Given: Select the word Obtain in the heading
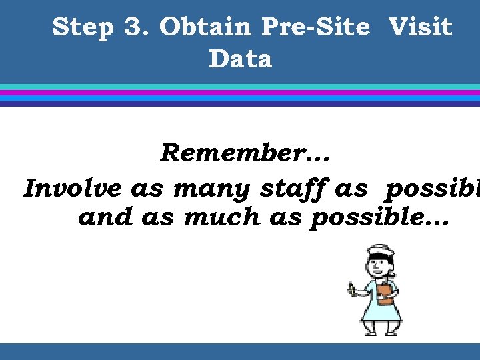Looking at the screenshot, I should pos(206,28).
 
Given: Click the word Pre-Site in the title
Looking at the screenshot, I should pos(315,28).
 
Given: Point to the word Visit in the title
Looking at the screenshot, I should pos(420,28).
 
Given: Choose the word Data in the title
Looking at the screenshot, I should pos(240,59).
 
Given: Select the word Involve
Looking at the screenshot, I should pos(73,189).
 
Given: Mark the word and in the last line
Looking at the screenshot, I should pos(105,217).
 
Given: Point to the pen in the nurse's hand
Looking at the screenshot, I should pos(352,290).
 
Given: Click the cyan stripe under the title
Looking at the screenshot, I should pos(240,87).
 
